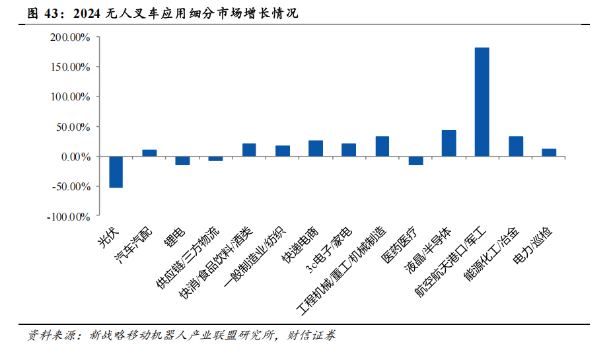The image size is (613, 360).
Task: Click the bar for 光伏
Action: tap(116, 172)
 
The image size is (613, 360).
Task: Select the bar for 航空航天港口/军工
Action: tap(482, 102)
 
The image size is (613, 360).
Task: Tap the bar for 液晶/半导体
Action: tap(449, 143)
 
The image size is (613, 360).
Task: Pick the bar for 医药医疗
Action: tap(416, 161)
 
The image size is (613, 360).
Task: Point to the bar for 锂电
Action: tap(182, 161)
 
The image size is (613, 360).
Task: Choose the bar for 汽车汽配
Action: tap(149, 153)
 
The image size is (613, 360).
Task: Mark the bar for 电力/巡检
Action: tap(549, 153)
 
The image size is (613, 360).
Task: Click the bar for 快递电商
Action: tap(316, 149)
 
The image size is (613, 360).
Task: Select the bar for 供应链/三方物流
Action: tap(216, 159)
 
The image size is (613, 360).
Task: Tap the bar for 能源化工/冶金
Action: tap(516, 147)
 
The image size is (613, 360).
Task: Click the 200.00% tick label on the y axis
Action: tap(71, 38)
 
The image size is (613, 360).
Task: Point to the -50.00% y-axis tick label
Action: tap(71, 187)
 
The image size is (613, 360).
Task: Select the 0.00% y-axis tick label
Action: tap(76, 157)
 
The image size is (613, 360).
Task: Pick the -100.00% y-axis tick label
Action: tap(69, 217)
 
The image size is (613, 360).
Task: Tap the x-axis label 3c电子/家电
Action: tap(329, 250)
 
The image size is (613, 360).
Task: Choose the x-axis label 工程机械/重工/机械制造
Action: tap(342, 270)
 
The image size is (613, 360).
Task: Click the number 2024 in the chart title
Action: tap(87, 14)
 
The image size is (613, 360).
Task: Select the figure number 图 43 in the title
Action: tap(43, 14)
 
